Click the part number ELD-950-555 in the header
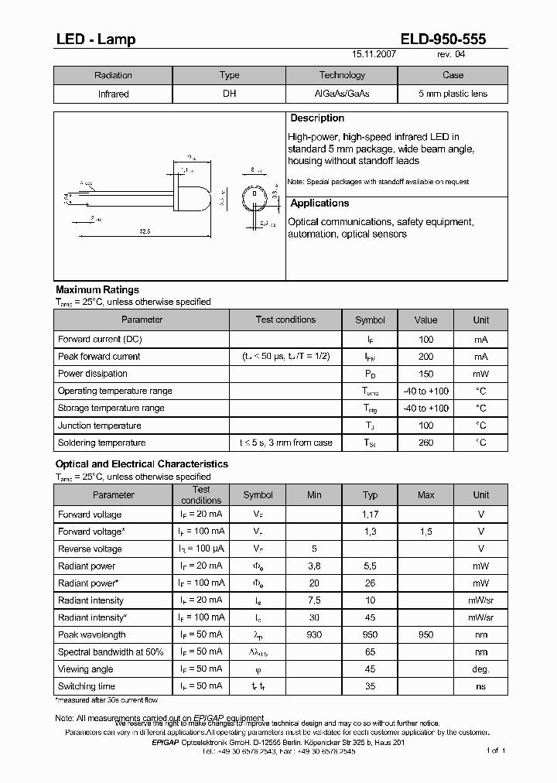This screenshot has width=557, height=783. click(x=443, y=39)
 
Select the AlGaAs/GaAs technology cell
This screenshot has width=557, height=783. click(x=342, y=94)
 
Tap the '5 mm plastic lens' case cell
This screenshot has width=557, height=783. click(x=453, y=94)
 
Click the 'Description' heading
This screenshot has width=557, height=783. click(x=316, y=118)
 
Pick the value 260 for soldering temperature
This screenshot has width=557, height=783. click(x=425, y=443)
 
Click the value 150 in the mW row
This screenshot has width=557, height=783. click(x=425, y=374)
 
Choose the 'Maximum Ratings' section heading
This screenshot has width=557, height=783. click(x=97, y=290)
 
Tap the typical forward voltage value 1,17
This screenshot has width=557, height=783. click(x=370, y=515)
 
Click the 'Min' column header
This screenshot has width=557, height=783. click(x=314, y=495)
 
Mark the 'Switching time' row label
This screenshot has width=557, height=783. click(x=87, y=686)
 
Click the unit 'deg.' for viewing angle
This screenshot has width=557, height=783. click(x=481, y=669)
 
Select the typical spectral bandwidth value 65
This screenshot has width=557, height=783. click(x=370, y=652)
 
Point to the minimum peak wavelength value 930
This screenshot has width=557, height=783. click(x=314, y=635)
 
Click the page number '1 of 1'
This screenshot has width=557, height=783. click(x=495, y=751)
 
